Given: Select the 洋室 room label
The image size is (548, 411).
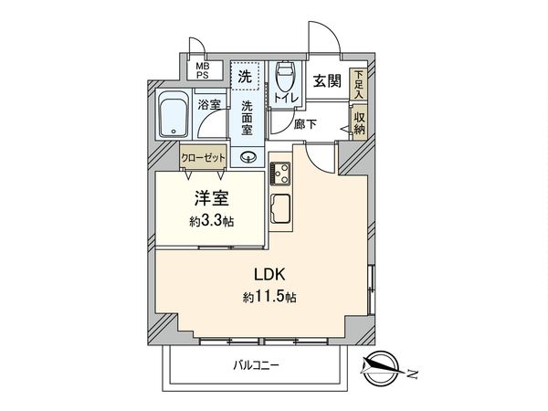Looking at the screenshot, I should pyautogui.click(x=211, y=196).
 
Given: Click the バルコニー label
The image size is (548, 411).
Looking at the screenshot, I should pyautogui.click(x=255, y=364).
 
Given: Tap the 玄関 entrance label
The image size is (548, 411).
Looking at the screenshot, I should pyautogui.click(x=327, y=81).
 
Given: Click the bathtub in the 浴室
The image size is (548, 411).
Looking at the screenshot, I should pyautogui.click(x=173, y=116).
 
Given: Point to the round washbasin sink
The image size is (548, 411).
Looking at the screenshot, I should pyautogui.click(x=247, y=157).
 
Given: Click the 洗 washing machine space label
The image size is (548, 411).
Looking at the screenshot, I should pyautogui.click(x=244, y=77).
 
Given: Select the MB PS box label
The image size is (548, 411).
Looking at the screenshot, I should pyautogui.click(x=199, y=69).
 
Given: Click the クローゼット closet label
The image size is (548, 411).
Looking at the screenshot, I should pyautogui.click(x=202, y=156).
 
